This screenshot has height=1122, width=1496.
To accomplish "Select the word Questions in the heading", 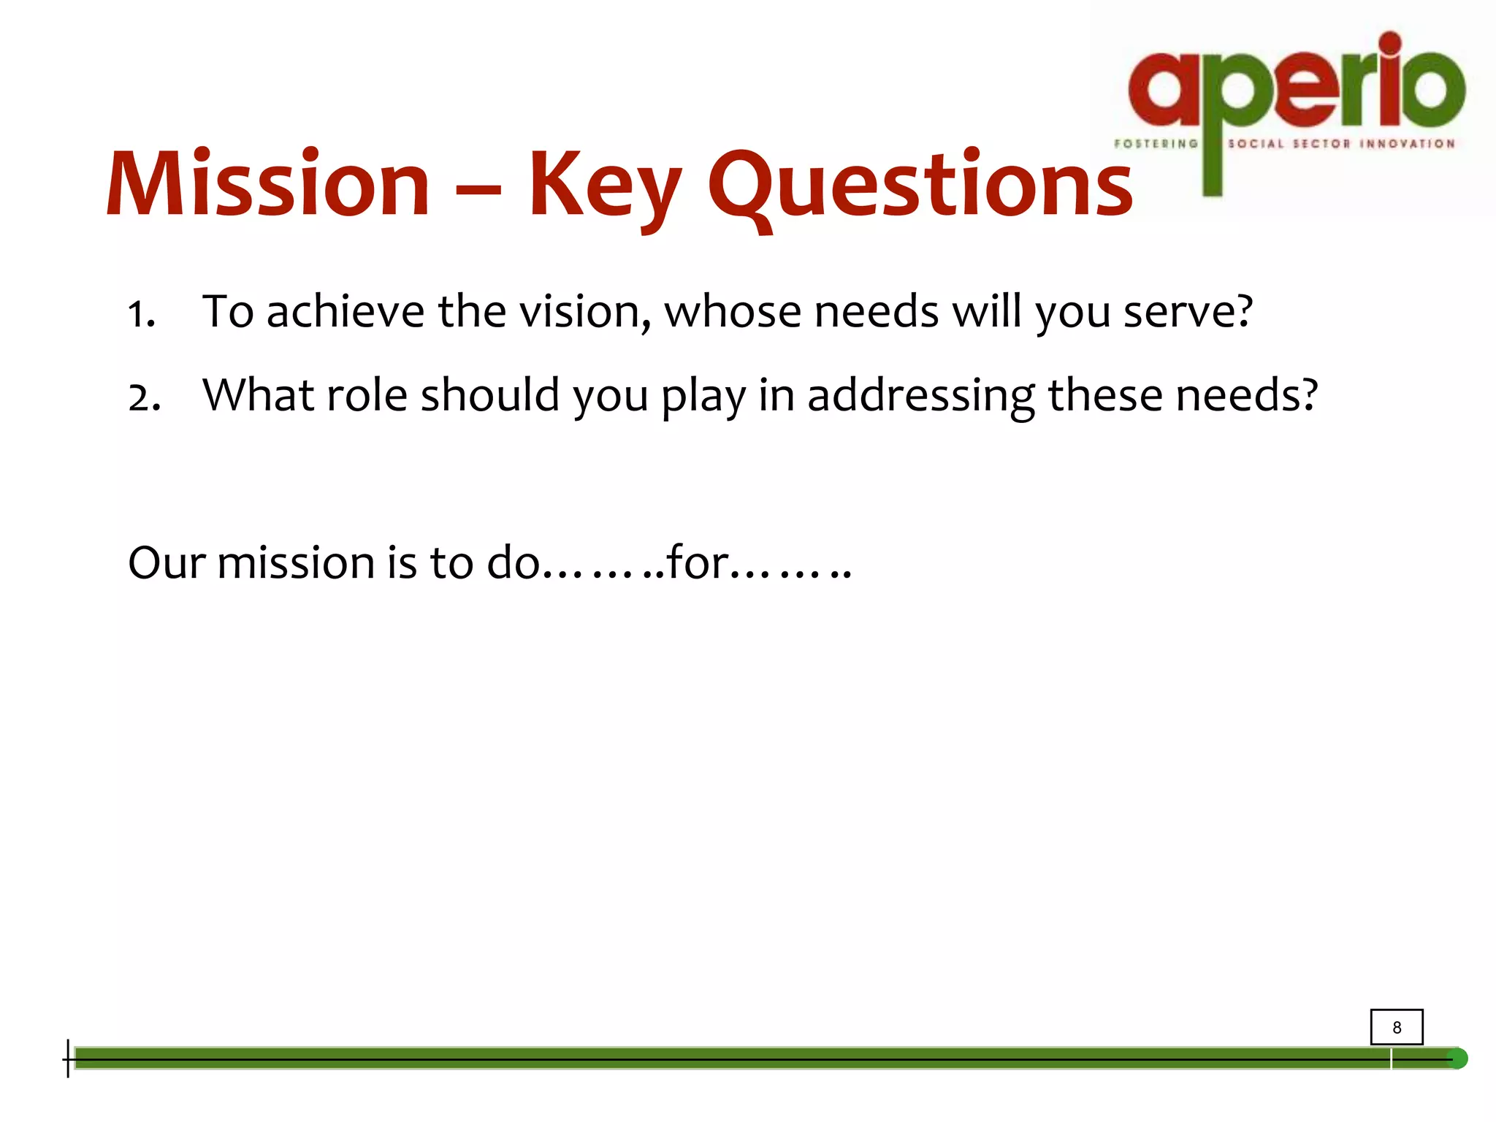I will click(x=920, y=186).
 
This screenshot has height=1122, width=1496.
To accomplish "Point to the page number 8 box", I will click(x=1396, y=1027).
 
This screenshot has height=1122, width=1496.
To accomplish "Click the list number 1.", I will click(x=141, y=315).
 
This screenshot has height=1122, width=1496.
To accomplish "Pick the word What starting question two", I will click(x=258, y=395).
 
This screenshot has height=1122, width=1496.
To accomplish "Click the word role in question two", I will click(x=366, y=395).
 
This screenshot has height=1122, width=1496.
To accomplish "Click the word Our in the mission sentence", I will click(x=167, y=563).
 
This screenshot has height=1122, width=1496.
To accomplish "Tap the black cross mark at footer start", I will click(x=68, y=1058).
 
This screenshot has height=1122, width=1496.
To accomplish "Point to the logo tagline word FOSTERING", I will click(x=1156, y=144).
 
